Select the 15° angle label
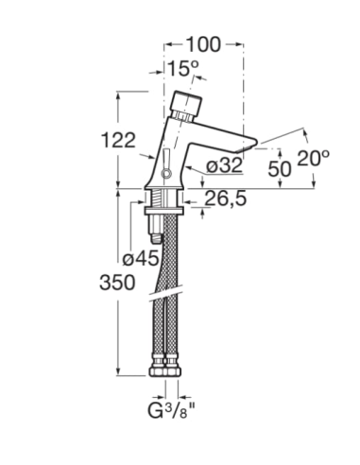183,68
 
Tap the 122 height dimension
117,140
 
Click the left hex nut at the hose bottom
158,365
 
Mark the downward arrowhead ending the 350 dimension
117,372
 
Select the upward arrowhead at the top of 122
117,95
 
